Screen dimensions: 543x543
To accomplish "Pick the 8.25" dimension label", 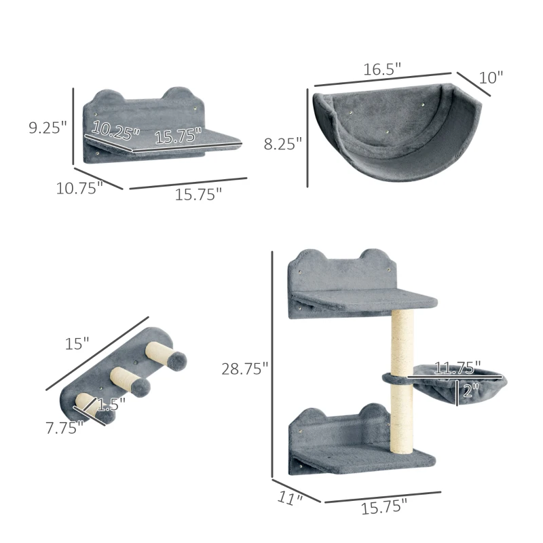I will point(283,143).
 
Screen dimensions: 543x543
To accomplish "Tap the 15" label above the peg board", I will point(77,344).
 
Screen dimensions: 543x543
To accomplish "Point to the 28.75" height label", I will point(244,368).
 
